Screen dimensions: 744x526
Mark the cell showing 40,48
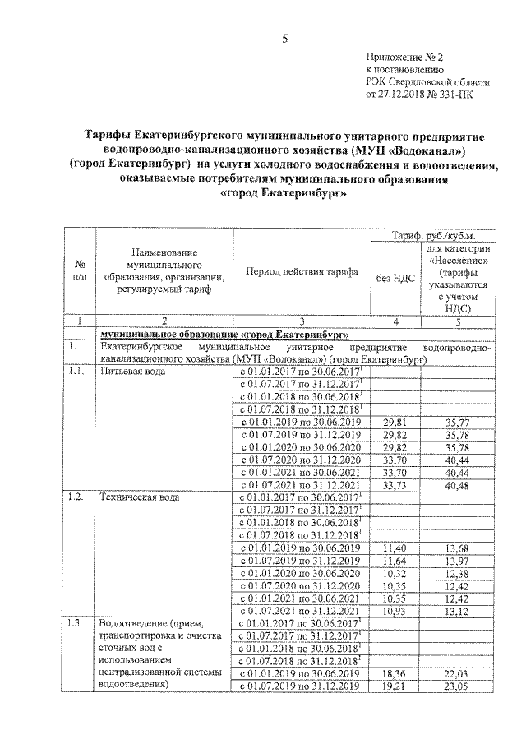pyautogui.click(x=456, y=485)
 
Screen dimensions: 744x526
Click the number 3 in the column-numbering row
pyautogui.click(x=302, y=321)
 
